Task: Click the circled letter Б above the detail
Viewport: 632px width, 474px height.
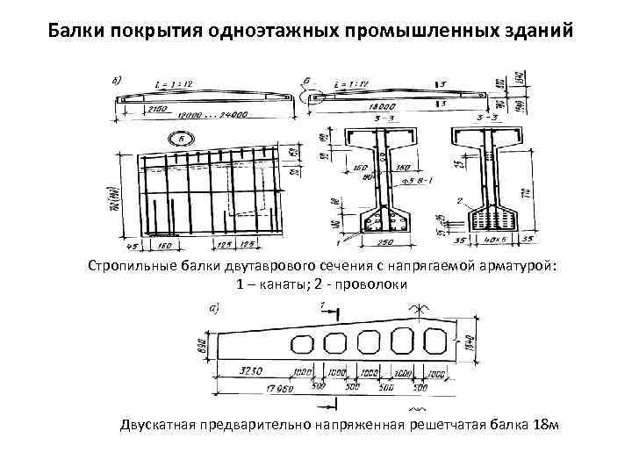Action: coord(181,140)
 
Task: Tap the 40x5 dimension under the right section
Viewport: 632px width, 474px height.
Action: coord(497,239)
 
